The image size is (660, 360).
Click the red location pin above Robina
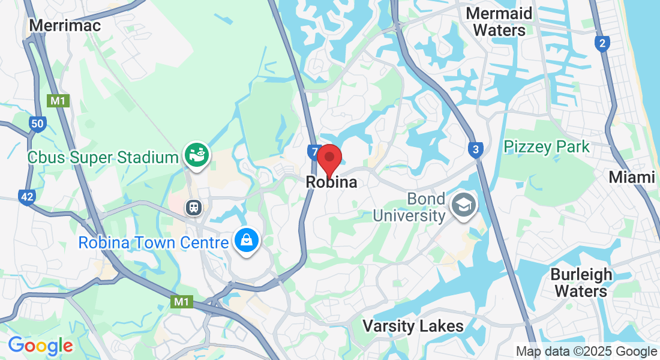(x=329, y=159)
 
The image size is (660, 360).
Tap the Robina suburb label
(x=331, y=182)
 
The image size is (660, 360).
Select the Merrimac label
(x=65, y=25)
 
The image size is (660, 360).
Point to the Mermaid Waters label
(x=499, y=22)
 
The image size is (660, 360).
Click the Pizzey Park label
(x=547, y=146)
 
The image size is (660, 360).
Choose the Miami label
(x=631, y=177)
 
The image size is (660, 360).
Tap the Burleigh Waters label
(x=581, y=283)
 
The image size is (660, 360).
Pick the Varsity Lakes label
(x=413, y=326)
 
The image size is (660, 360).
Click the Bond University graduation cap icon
(x=464, y=206)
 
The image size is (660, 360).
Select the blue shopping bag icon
(x=246, y=241)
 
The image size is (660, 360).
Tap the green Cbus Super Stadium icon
(x=196, y=154)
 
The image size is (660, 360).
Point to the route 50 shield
(x=37, y=125)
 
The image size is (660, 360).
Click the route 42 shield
(x=26, y=196)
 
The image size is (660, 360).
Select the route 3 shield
(x=475, y=149)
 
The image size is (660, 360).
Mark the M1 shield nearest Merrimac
(x=58, y=101)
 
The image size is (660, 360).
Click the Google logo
(x=40, y=346)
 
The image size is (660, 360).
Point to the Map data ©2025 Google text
(x=586, y=352)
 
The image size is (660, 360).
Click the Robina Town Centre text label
(x=154, y=243)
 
